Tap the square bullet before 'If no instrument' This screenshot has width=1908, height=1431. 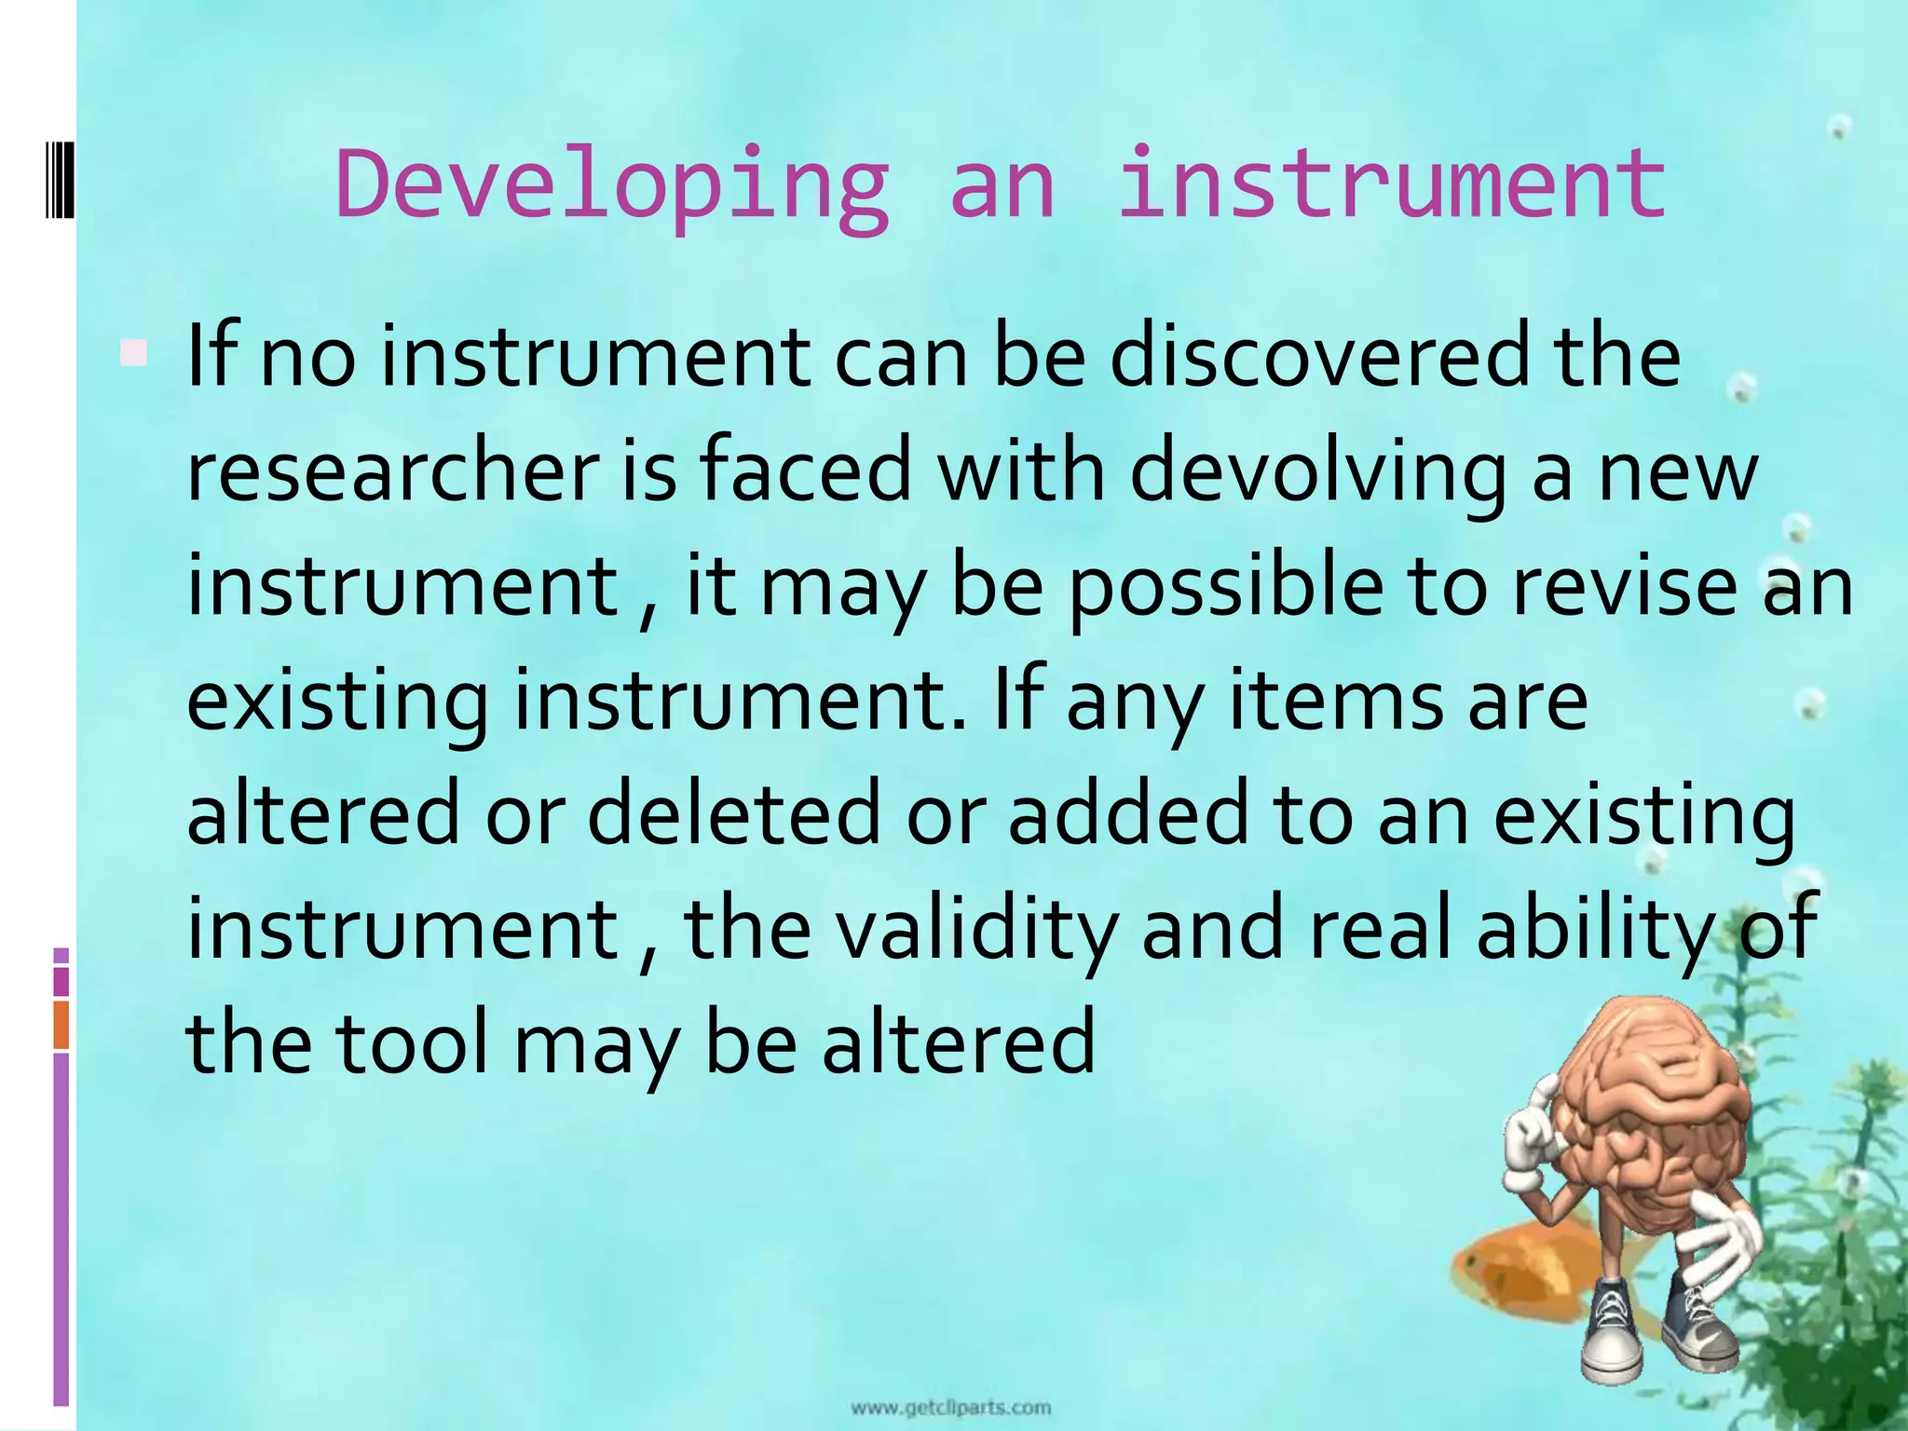[134, 353]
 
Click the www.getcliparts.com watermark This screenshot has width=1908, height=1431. [950, 1407]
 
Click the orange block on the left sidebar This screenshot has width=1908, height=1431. [61, 1025]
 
